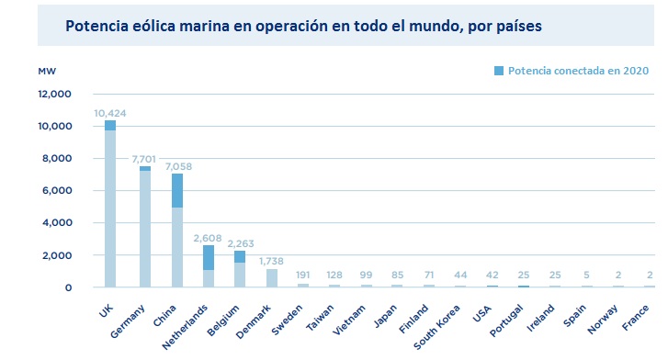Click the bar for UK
(110, 207)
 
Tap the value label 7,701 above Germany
(144, 158)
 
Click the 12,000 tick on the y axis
(54, 94)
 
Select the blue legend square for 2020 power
(499, 71)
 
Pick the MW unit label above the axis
(47, 71)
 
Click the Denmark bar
(272, 277)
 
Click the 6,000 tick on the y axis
(57, 190)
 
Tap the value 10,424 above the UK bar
(110, 113)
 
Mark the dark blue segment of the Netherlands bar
(209, 257)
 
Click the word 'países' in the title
(517, 26)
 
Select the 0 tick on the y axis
(68, 287)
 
